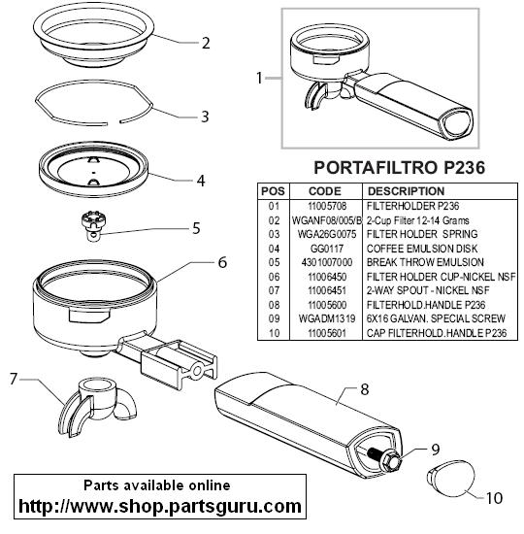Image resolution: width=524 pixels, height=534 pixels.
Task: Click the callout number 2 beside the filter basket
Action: [205, 43]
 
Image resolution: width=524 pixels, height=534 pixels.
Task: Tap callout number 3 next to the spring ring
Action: [205, 117]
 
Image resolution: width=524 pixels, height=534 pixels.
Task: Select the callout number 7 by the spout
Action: [15, 379]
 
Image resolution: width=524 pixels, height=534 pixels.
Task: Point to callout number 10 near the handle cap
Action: [494, 498]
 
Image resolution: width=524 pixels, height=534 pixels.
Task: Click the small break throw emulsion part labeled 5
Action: [92, 223]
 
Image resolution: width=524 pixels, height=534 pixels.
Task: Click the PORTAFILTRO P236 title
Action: [397, 167]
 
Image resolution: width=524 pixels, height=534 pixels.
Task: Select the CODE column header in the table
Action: [323, 191]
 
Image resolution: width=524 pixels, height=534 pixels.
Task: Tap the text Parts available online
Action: [157, 484]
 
